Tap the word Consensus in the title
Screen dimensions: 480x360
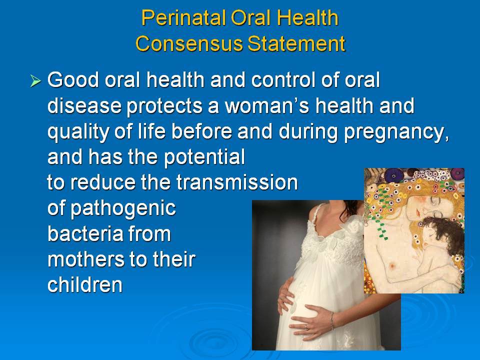point(189,43)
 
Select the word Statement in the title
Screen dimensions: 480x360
point(296,43)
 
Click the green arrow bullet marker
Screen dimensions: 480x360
point(35,81)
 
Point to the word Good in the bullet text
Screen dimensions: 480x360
point(73,80)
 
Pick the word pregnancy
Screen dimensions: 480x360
point(396,132)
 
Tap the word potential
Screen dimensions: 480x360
point(204,157)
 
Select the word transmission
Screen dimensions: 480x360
point(237,182)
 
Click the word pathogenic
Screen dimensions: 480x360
point(123,209)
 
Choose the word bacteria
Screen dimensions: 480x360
point(85,234)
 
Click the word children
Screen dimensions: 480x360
point(85,285)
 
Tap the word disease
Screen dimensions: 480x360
point(84,105)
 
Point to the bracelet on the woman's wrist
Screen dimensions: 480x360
point(331,320)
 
